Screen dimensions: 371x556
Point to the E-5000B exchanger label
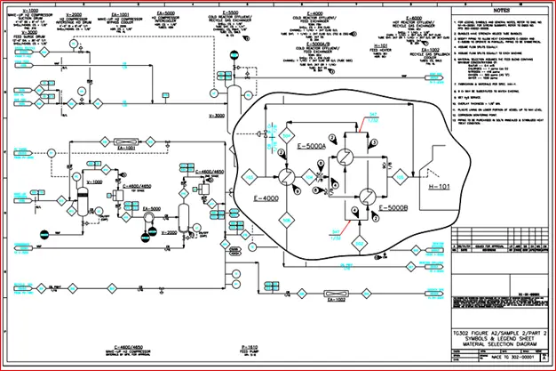393,207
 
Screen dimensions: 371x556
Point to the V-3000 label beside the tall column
216,116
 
